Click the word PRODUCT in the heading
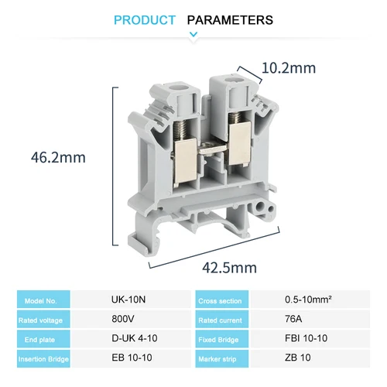(145, 20)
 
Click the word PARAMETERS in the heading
(231, 20)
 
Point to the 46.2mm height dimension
(58, 157)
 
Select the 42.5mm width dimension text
(229, 268)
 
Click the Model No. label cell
(43, 300)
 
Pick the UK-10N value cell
(126, 300)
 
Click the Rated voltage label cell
(43, 319)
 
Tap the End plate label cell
(43, 339)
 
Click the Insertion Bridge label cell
(43, 359)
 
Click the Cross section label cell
(222, 300)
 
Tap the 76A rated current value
(294, 319)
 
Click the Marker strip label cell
(222, 359)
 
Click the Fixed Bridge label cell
(222, 339)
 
